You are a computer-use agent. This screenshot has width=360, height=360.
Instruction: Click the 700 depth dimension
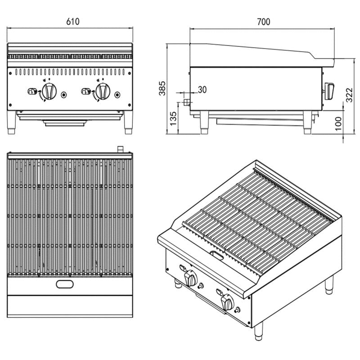tap(263, 22)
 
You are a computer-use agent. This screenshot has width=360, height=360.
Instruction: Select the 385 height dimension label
tap(163, 89)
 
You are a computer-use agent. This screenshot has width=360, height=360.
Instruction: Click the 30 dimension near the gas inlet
tap(202, 90)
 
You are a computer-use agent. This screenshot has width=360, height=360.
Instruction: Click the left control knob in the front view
tap(49, 91)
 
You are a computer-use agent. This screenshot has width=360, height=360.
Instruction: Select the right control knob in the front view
tap(103, 91)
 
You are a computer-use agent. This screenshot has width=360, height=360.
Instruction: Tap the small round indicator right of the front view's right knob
tap(118, 94)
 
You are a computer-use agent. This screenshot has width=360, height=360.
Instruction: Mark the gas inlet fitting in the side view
tap(185, 103)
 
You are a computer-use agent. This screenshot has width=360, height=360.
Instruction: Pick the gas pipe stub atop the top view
tap(120, 149)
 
